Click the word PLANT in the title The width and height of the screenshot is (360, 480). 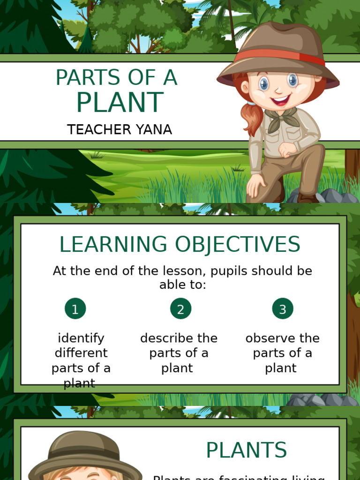[x=120, y=103]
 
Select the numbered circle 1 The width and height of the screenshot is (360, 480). [x=75, y=308]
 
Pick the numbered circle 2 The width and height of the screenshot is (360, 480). [x=180, y=308]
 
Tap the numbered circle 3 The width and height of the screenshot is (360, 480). [x=283, y=308]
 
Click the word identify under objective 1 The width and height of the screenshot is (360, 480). [x=81, y=338]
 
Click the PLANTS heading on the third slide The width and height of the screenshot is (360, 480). [x=246, y=450]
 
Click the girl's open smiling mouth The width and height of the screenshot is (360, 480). [x=281, y=100]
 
